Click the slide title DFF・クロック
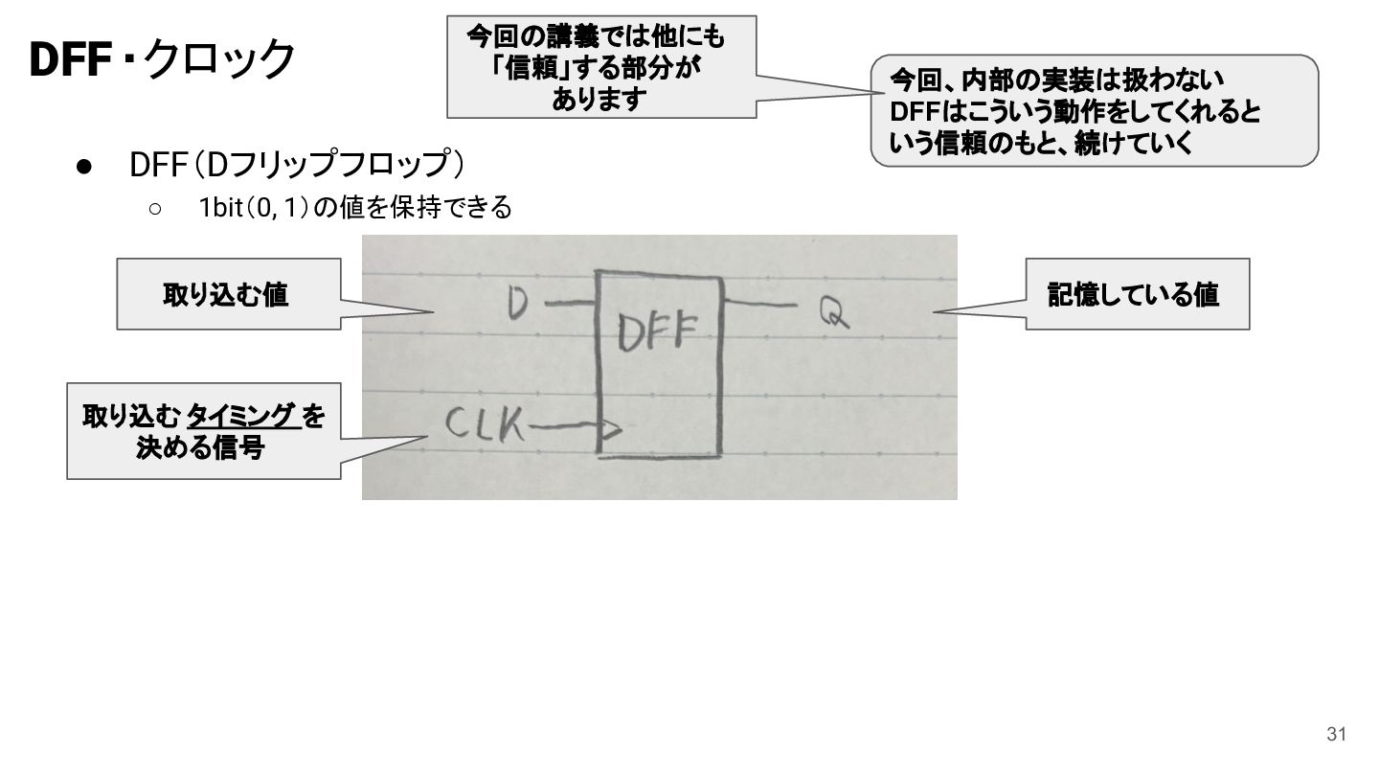(x=162, y=59)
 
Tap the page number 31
(x=1336, y=734)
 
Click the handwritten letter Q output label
(x=834, y=312)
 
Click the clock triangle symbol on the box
(x=611, y=428)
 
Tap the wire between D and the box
(x=570, y=303)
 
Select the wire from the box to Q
(x=760, y=303)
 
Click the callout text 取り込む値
(x=225, y=294)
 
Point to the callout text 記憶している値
(x=1134, y=294)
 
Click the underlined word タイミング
(x=241, y=416)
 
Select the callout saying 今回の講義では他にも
(x=601, y=67)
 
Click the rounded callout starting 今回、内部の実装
(x=1094, y=111)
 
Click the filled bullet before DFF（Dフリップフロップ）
(x=84, y=167)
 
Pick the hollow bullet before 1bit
(x=155, y=209)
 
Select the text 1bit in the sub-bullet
(x=220, y=208)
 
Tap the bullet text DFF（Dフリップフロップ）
(x=297, y=165)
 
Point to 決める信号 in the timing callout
(x=201, y=447)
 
